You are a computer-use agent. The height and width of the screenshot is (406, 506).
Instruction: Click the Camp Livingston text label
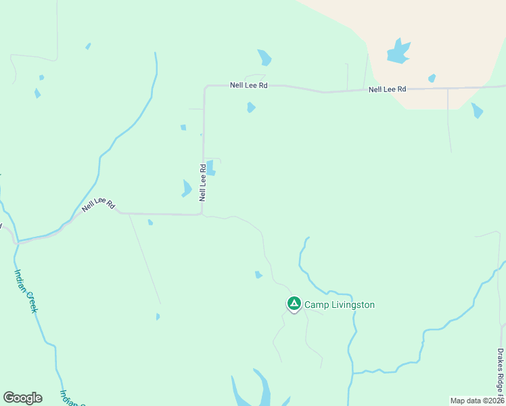click(x=339, y=304)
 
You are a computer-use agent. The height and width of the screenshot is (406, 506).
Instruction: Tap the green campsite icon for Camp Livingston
click(x=294, y=304)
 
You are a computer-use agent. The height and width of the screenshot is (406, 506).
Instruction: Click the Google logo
click(x=22, y=398)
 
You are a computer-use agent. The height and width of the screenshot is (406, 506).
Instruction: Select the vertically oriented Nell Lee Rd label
click(x=202, y=182)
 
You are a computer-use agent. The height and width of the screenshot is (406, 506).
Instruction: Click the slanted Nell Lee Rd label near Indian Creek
click(x=99, y=205)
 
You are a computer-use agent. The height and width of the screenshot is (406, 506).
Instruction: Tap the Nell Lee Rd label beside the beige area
click(x=387, y=89)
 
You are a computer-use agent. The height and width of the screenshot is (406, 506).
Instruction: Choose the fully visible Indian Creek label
click(x=26, y=290)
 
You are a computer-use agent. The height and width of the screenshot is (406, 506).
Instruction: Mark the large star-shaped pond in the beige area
click(x=398, y=51)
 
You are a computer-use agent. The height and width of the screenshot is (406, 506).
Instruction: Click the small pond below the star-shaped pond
click(x=432, y=78)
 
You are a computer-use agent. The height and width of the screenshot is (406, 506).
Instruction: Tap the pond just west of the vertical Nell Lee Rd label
click(x=187, y=188)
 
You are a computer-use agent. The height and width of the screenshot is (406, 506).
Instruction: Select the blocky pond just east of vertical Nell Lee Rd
click(x=211, y=167)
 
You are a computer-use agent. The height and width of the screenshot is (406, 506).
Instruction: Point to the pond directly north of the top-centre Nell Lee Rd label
click(x=264, y=58)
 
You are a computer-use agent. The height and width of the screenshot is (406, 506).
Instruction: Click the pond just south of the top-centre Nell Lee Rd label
click(x=251, y=107)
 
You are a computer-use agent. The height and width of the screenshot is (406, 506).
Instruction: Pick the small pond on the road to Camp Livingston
click(x=258, y=274)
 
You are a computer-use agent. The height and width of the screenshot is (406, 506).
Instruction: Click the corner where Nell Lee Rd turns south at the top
click(x=205, y=87)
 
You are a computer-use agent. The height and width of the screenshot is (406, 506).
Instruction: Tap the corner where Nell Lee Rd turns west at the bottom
click(x=202, y=214)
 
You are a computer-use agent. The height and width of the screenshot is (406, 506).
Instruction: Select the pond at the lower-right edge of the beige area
click(x=477, y=110)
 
